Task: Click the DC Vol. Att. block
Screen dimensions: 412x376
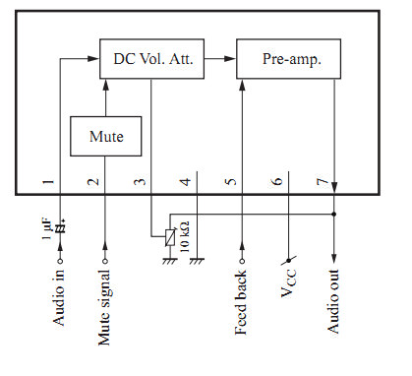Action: point(151,59)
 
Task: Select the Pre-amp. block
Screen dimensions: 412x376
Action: point(288,59)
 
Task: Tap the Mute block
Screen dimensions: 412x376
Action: point(106,136)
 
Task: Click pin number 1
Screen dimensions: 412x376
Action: point(48,182)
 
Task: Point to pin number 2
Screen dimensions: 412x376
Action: point(93,182)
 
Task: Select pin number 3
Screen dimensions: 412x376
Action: point(140,182)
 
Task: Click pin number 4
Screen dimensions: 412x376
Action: point(186,182)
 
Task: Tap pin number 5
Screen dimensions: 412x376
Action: point(231,182)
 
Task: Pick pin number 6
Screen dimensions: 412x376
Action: point(277,182)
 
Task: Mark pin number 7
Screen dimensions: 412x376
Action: point(323,182)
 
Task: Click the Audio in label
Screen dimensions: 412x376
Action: point(59,298)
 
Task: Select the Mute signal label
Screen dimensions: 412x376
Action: point(105,308)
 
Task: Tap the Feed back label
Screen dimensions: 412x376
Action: point(241,302)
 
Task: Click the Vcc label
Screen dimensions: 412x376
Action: point(289,283)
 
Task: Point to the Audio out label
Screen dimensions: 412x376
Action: point(333,301)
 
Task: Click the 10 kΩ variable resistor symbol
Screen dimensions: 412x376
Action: point(170,237)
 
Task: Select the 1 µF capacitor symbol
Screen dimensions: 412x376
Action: point(60,228)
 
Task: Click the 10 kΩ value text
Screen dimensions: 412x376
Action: point(185,237)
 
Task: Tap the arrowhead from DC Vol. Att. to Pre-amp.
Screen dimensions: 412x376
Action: point(230,59)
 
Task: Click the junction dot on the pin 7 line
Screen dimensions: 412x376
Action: point(334,215)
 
